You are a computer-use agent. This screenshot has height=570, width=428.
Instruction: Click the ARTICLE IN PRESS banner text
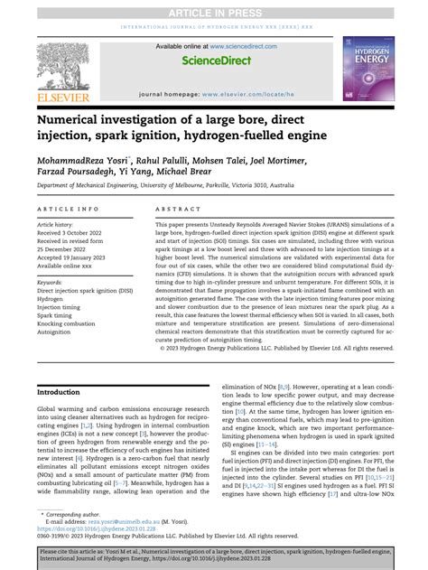coord(214,7)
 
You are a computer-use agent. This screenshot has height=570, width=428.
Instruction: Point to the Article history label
coord(55,223)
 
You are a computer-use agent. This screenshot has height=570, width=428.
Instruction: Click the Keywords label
coord(50,282)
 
